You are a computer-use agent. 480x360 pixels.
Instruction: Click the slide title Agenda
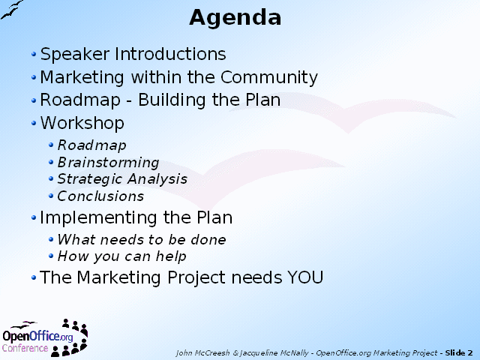(235, 18)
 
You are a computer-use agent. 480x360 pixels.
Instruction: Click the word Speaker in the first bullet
(75, 55)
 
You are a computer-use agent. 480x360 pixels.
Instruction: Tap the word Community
(269, 78)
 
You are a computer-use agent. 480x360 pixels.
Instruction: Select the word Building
(172, 100)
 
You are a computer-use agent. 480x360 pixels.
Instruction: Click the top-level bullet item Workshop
(82, 123)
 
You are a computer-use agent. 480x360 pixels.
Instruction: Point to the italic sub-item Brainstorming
(108, 163)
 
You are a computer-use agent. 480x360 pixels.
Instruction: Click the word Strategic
(90, 179)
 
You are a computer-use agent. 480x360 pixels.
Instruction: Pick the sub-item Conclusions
(100, 196)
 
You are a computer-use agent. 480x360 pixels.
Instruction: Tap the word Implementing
(99, 218)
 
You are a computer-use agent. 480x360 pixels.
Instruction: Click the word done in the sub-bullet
(208, 240)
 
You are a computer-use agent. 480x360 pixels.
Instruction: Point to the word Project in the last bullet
(196, 278)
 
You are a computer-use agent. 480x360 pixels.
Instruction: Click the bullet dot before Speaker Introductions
(34, 55)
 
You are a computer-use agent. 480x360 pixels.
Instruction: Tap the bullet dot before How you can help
(51, 256)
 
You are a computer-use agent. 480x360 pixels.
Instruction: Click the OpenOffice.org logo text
(37, 336)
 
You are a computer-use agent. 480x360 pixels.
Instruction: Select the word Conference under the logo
(25, 348)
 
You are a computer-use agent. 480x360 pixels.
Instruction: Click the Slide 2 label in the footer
(459, 353)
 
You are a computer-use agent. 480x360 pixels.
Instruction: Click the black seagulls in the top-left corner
(11, 10)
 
